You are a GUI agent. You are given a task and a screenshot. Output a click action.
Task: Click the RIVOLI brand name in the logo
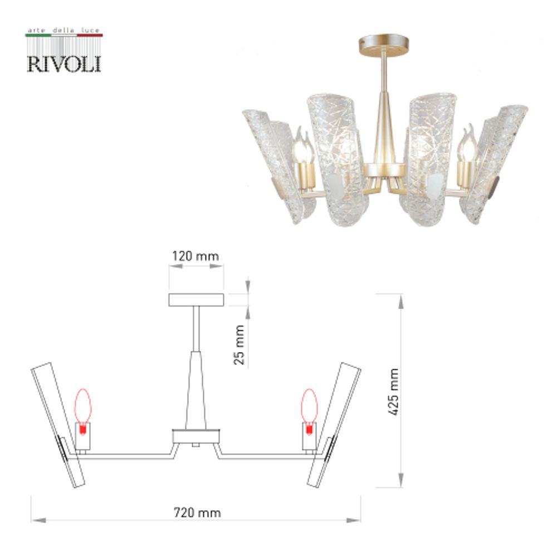[64, 62]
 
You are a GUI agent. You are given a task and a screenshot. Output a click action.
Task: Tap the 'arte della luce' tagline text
[64, 30]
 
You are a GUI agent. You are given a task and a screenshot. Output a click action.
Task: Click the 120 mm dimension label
[196, 256]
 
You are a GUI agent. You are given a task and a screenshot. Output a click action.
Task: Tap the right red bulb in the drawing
[309, 407]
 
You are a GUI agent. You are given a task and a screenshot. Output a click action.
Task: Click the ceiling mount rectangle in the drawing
[196, 300]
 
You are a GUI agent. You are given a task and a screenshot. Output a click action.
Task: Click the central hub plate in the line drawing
[196, 436]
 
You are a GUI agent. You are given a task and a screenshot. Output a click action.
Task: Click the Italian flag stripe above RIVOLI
[64, 36]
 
